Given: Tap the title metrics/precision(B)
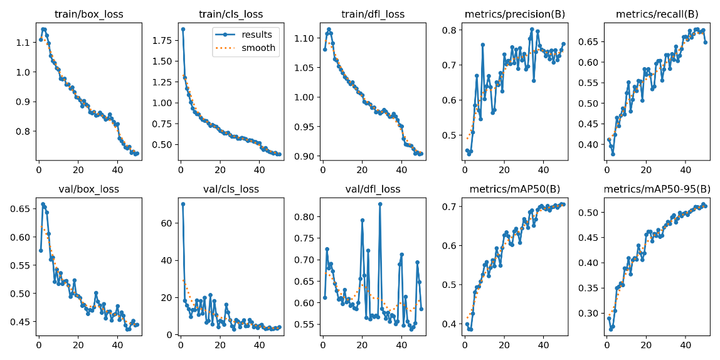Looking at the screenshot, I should [514, 14].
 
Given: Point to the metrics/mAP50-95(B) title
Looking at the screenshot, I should [657, 189].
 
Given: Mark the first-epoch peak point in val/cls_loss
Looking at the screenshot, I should [183, 204].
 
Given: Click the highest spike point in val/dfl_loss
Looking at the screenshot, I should [380, 204].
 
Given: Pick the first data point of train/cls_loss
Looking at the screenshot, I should [183, 29].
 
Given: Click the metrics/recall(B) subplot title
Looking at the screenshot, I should [657, 14].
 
